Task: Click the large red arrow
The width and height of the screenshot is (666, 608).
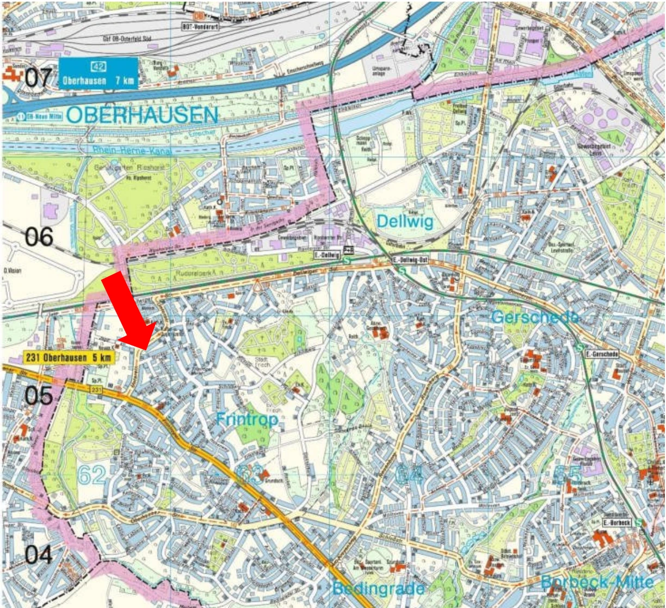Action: pyautogui.click(x=128, y=308)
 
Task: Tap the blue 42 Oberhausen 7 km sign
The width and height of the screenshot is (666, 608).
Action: pyautogui.click(x=98, y=73)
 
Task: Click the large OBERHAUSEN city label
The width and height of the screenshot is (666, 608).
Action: pyautogui.click(x=143, y=115)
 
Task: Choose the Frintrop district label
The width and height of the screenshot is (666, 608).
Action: pyautogui.click(x=247, y=419)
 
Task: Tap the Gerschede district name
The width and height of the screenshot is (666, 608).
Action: pyautogui.click(x=534, y=317)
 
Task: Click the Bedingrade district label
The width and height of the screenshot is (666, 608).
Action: pyautogui.click(x=378, y=588)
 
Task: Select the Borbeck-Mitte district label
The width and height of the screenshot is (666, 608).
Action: pyautogui.click(x=597, y=582)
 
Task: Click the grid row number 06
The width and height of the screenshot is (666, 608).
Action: pyautogui.click(x=39, y=237)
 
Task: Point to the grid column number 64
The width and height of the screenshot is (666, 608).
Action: pyautogui.click(x=409, y=474)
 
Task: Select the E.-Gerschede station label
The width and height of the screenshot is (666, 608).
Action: pyautogui.click(x=602, y=355)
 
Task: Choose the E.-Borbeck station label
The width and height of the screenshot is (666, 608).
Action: pyautogui.click(x=616, y=523)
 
